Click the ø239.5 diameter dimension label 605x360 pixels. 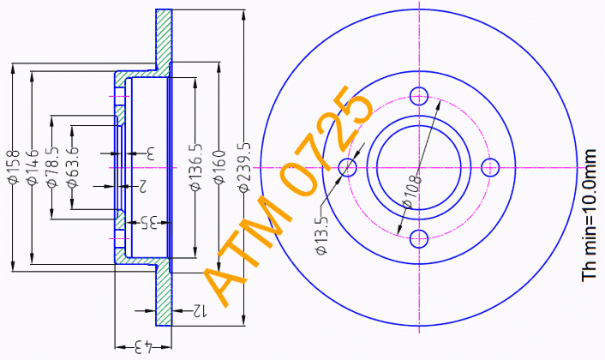244,167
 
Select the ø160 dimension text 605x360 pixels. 219,167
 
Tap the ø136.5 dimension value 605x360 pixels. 195,167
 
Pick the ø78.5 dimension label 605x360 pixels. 52,166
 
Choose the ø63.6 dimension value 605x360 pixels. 72,166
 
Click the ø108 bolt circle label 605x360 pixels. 411,191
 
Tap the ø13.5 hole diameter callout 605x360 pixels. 321,235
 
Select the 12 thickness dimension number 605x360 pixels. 200,310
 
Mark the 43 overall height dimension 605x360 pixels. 144,347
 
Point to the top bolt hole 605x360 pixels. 419,96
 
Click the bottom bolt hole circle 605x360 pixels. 419,239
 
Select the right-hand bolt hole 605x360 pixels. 490,167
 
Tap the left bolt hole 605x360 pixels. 348,167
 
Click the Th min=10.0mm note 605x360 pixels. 590,215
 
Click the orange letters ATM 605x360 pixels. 248,251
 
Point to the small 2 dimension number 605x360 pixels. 142,186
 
